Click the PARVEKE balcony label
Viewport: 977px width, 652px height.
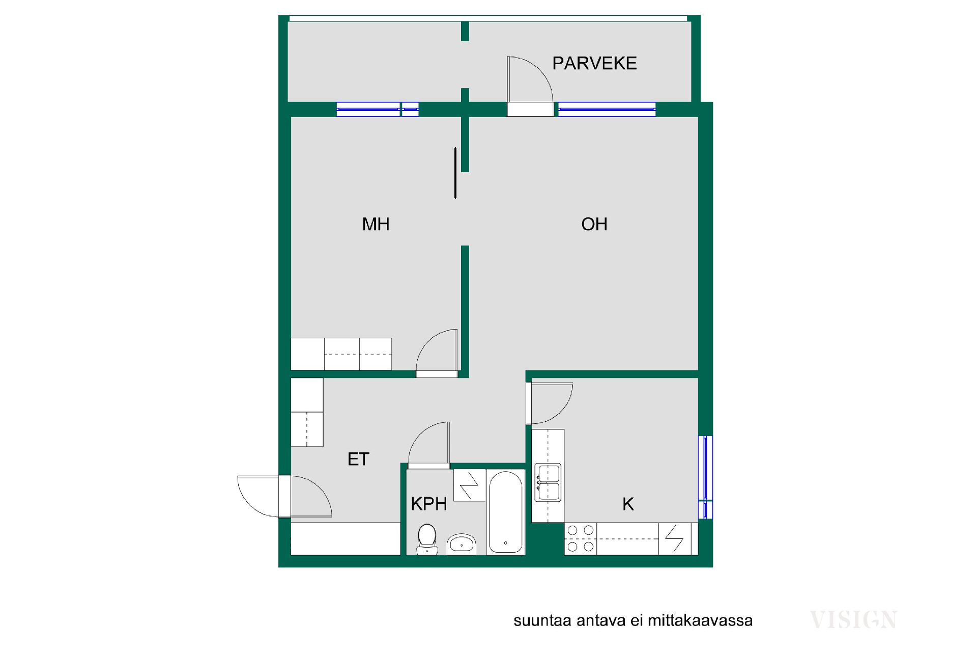pyautogui.click(x=594, y=63)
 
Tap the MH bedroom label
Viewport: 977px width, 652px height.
pyautogui.click(x=376, y=224)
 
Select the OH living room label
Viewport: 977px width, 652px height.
pyautogui.click(x=594, y=224)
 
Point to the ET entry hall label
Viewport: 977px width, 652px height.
pyautogui.click(x=358, y=459)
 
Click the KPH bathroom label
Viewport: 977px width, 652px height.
pyautogui.click(x=429, y=504)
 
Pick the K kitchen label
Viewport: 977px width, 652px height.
pyautogui.click(x=628, y=504)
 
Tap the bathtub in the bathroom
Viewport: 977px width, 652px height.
pyautogui.click(x=506, y=512)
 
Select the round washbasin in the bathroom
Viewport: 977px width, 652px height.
pyautogui.click(x=462, y=544)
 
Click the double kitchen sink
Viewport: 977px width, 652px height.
pyautogui.click(x=548, y=482)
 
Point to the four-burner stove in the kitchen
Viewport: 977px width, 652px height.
pyautogui.click(x=581, y=538)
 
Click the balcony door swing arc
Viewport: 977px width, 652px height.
pyautogui.click(x=539, y=71)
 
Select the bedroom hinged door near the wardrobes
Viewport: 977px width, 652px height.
pyautogui.click(x=437, y=351)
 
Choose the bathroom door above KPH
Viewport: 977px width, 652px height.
pyautogui.click(x=429, y=445)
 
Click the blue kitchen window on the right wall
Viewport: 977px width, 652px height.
pyautogui.click(x=705, y=477)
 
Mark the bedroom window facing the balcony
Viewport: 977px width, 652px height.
pyautogui.click(x=378, y=110)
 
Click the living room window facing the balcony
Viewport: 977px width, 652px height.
pyautogui.click(x=607, y=110)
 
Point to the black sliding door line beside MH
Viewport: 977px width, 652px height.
pyautogui.click(x=455, y=173)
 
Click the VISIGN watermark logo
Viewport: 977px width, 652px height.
pyautogui.click(x=853, y=619)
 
